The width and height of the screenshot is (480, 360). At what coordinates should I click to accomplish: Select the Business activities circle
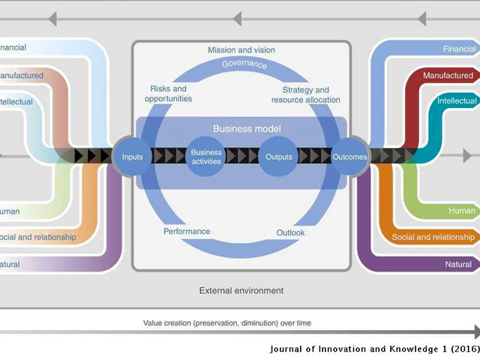click(205, 157)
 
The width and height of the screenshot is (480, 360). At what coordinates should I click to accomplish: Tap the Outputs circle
click(279, 157)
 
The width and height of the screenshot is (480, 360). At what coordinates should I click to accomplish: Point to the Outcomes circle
click(349, 157)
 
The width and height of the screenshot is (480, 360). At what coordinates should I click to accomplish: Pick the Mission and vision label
click(241, 50)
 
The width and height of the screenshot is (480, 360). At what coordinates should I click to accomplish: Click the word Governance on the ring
click(244, 64)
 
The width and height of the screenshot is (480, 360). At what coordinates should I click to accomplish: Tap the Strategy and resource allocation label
click(306, 95)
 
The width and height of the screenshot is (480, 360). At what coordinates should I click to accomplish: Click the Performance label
click(187, 232)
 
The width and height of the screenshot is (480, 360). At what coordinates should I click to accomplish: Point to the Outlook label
click(290, 232)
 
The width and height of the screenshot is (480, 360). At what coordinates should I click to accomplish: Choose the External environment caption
click(241, 290)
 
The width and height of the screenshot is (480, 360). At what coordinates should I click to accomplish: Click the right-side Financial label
click(459, 49)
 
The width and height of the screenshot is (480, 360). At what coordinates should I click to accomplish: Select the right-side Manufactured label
click(448, 76)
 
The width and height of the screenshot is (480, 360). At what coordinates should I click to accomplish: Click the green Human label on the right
click(461, 211)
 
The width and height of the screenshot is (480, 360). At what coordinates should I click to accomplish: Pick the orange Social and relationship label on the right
click(433, 238)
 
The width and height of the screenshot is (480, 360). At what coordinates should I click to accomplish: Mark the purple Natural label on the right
click(457, 264)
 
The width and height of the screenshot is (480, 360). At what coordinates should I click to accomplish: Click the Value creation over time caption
click(227, 323)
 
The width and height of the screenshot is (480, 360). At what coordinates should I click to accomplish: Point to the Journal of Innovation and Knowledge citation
click(373, 350)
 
